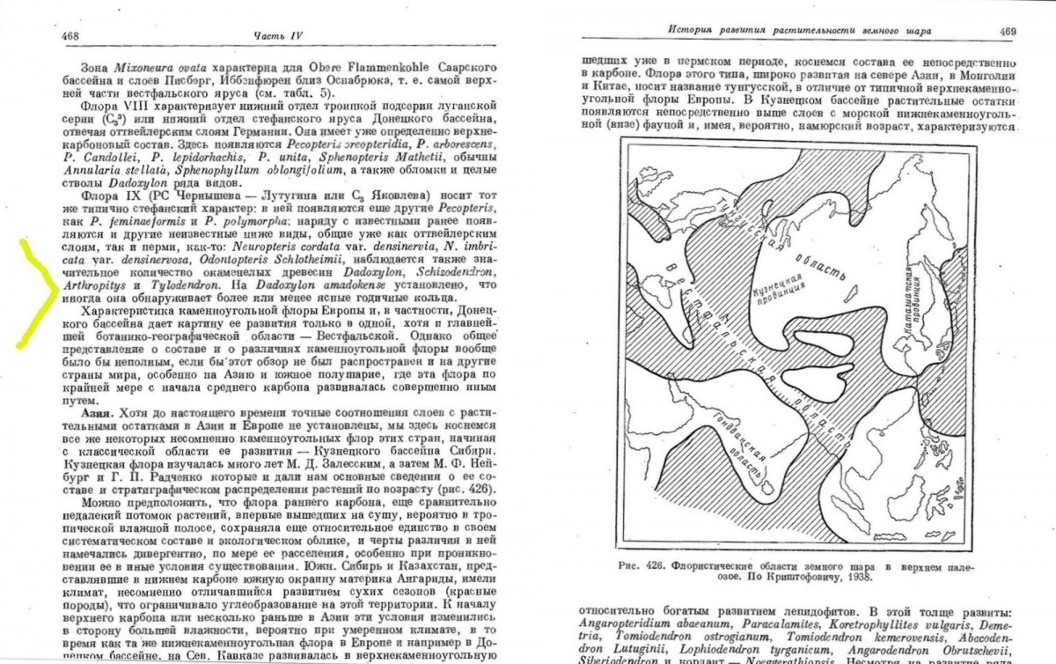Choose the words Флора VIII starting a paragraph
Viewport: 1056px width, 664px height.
click(x=109, y=114)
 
